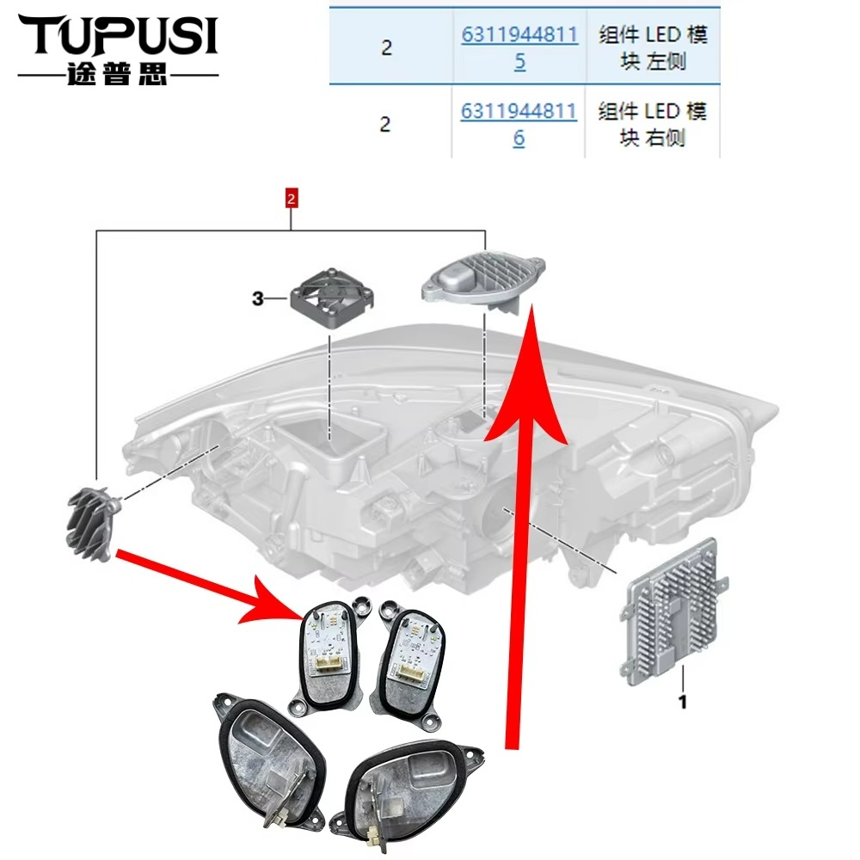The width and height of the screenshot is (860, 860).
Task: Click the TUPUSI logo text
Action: (x=119, y=35)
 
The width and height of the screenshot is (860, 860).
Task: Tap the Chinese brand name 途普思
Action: (x=117, y=74)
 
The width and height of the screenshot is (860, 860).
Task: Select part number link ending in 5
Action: (x=519, y=47)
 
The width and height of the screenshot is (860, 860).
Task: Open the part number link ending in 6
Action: (x=519, y=124)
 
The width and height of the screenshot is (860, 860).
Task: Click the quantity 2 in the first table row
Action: (x=387, y=47)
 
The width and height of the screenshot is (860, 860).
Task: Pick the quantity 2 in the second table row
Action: (x=385, y=124)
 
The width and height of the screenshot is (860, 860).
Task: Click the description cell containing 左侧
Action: (x=653, y=47)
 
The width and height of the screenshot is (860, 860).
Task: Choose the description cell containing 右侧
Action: (x=652, y=124)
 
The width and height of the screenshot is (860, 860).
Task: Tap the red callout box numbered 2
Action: (x=291, y=198)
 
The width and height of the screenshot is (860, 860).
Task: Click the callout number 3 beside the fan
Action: (x=258, y=299)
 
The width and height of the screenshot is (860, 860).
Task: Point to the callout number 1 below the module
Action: (x=682, y=702)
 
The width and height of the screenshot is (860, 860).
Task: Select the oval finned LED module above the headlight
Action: (x=482, y=282)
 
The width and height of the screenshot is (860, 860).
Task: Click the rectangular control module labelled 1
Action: (x=673, y=611)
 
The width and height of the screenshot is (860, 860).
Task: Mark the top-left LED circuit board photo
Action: (x=327, y=653)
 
